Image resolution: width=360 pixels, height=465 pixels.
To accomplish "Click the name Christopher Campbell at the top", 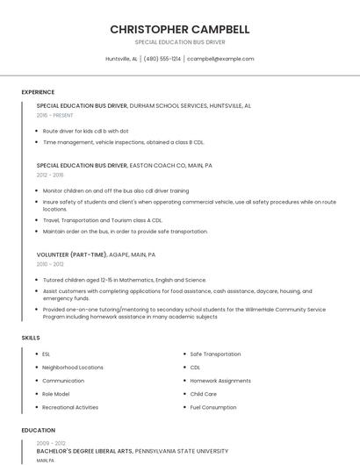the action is point(180,29).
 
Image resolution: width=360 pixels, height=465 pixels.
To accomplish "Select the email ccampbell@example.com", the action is point(220,59).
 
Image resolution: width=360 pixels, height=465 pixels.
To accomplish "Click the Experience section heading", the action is point(38,92).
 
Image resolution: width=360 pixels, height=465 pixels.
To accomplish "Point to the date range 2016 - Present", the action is point(55,115).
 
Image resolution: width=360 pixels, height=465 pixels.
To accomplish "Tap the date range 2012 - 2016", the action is point(50,175).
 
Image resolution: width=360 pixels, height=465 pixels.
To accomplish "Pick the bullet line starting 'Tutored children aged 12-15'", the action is point(125,281).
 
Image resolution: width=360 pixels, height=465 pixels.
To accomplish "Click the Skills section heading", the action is point(31,338).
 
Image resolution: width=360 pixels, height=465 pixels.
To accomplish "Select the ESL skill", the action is point(47,354).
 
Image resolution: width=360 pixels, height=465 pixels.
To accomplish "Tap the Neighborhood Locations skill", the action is point(73,368).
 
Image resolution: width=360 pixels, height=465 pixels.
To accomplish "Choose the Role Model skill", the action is point(56,394).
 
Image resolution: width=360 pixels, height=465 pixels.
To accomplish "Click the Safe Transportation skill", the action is point(215,354).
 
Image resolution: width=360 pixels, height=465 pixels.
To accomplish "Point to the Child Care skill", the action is point(203,394).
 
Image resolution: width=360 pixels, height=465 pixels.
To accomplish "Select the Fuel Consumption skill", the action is point(213,407).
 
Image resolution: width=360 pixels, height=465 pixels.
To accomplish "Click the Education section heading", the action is point(38,431).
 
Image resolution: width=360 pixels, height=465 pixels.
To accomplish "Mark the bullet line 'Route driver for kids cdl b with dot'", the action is point(86,131).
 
